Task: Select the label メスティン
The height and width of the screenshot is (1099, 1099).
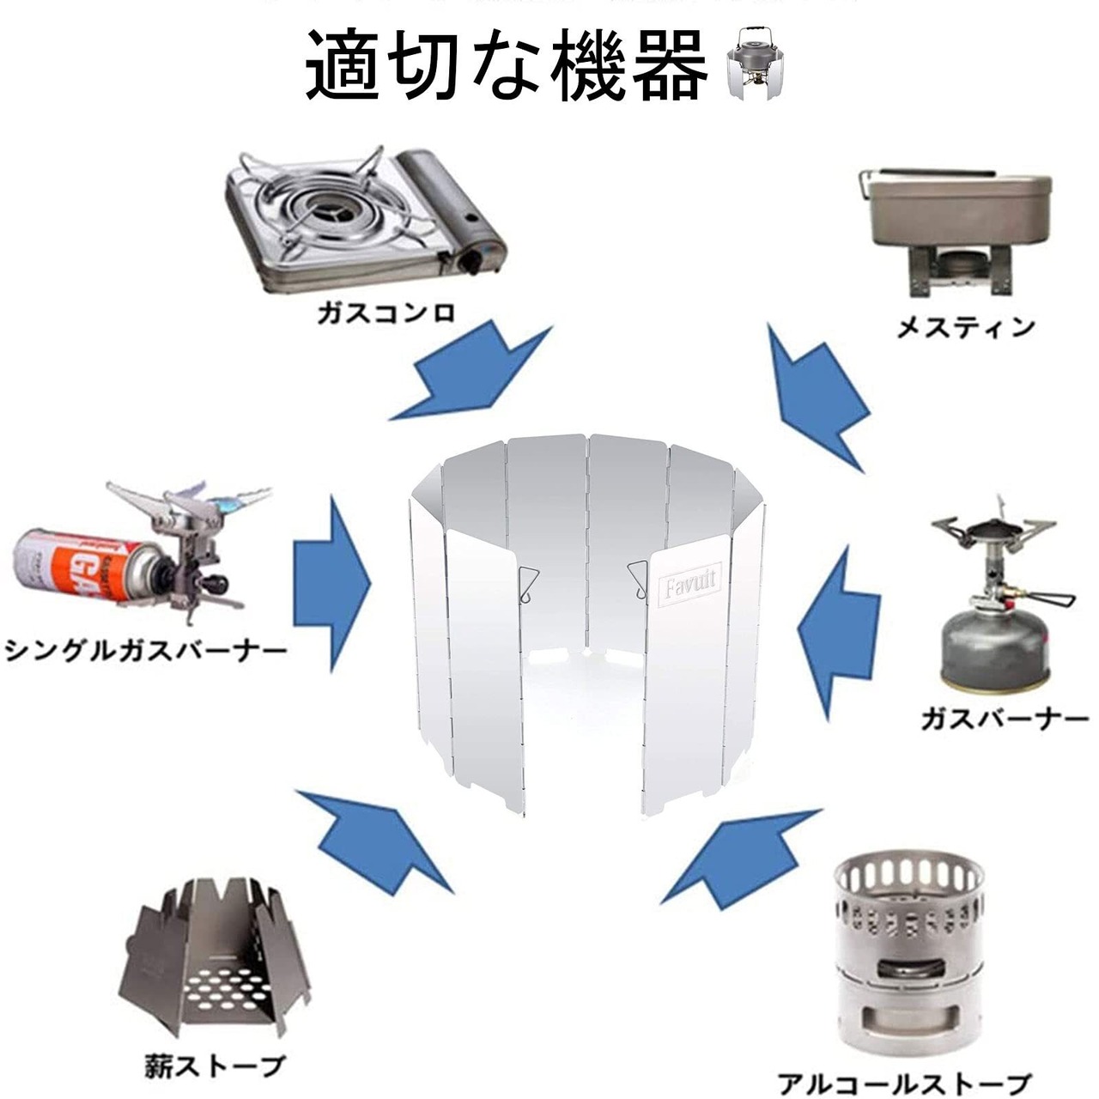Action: point(965,327)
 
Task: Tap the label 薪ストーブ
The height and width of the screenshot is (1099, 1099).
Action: point(212,1066)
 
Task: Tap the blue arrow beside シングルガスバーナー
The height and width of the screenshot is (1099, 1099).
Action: point(331,583)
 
